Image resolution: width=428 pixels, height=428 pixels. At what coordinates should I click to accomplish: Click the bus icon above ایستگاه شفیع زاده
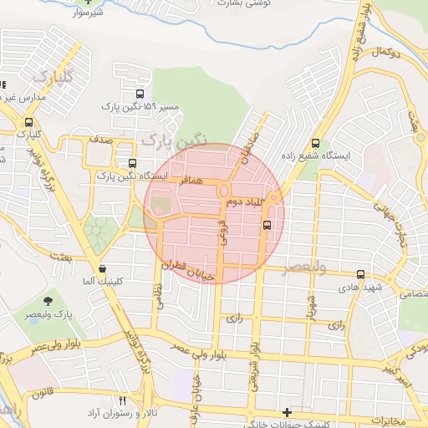coord(315,143)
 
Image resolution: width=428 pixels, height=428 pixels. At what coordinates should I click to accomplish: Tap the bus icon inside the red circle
coord(267,224)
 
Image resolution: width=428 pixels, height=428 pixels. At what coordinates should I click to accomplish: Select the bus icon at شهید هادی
coord(360,274)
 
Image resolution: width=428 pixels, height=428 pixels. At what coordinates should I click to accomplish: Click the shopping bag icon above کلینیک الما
coord(102,269)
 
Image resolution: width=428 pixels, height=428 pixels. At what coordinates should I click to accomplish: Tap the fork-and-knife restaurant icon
coord(123,401)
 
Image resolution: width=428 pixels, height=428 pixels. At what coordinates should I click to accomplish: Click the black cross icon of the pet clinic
coord(288,412)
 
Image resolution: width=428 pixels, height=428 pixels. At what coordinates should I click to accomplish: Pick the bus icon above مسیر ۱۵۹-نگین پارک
coord(139,94)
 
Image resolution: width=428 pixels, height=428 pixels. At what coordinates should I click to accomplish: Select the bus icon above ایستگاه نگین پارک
coord(131,164)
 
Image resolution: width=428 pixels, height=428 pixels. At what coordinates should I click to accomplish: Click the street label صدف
coord(103,143)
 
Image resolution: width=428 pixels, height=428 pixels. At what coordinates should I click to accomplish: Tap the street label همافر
coord(191,181)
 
